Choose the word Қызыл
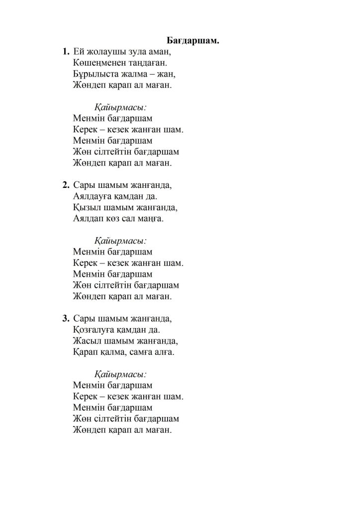click(x=85, y=207)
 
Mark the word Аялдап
click(x=88, y=219)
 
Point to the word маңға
click(x=150, y=219)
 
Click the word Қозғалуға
click(x=94, y=330)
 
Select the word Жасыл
click(x=85, y=341)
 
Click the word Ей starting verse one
click(x=79, y=51)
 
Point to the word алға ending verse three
click(x=166, y=352)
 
